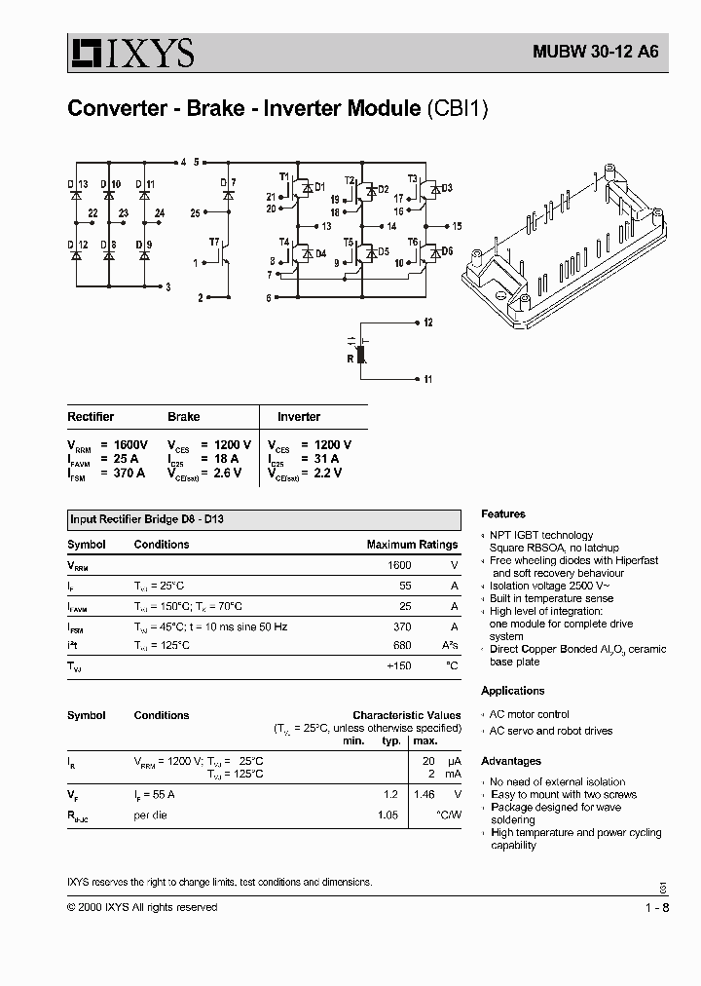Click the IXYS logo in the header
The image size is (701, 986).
(x=130, y=54)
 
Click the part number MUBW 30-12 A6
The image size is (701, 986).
(x=595, y=55)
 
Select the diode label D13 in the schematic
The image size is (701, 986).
(x=78, y=183)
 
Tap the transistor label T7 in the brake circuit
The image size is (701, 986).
(x=214, y=241)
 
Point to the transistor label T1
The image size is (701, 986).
(x=284, y=176)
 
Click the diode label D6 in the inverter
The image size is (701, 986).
(x=448, y=250)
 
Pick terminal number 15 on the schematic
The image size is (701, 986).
(x=457, y=226)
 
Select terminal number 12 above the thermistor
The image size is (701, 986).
(x=427, y=322)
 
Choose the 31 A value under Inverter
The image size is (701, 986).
(x=326, y=458)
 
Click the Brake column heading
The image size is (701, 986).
(x=183, y=417)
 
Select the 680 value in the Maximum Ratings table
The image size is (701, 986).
(x=400, y=645)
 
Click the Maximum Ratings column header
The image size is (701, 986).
(x=412, y=545)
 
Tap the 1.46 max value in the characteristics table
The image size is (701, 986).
(x=423, y=795)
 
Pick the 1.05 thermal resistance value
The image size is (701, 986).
(x=387, y=815)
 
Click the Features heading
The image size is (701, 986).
(x=503, y=513)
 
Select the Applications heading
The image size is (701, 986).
(x=513, y=691)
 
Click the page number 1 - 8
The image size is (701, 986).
(x=658, y=907)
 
